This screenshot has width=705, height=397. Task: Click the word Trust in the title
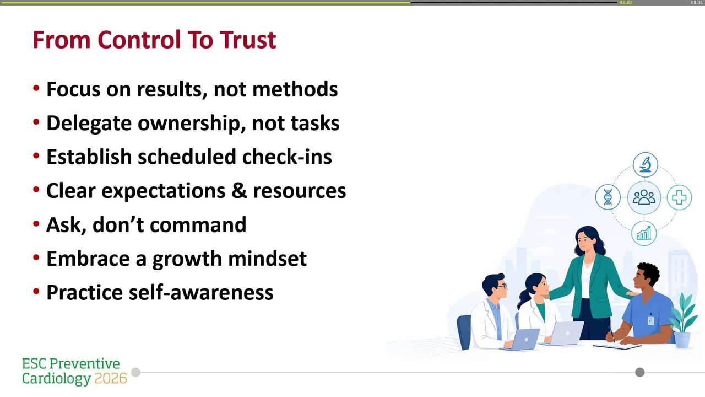click(x=248, y=40)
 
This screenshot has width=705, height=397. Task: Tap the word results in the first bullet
click(x=172, y=89)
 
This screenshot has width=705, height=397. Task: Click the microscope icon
click(x=645, y=164)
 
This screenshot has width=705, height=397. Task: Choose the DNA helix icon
click(x=608, y=197)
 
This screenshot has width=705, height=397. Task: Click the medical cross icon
click(x=679, y=197)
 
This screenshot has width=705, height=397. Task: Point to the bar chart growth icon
click(x=644, y=233)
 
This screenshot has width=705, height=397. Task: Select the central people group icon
click(x=644, y=197)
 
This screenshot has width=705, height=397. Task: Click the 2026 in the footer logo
click(x=111, y=379)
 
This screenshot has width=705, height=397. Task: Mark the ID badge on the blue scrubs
click(x=650, y=320)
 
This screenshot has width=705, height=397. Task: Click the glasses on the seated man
click(x=501, y=286)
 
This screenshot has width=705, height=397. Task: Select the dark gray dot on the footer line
click(x=639, y=372)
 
